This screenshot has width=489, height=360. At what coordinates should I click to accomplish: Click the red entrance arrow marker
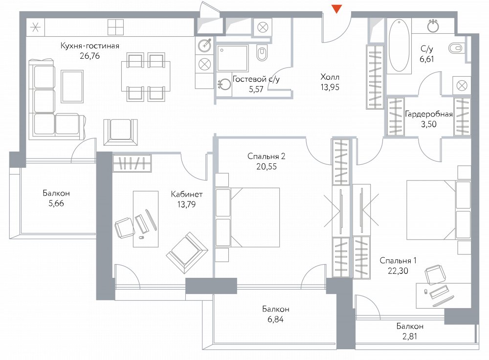(336, 9)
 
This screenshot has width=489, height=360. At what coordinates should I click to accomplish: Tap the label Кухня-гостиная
(90, 46)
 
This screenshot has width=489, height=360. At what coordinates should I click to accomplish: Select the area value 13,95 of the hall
(330, 88)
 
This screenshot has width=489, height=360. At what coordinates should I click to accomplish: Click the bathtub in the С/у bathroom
(399, 45)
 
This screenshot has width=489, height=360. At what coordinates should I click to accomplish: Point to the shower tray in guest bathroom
(233, 58)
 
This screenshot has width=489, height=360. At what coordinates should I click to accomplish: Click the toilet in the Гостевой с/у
(262, 53)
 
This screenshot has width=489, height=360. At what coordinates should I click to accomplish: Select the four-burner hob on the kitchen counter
(116, 27)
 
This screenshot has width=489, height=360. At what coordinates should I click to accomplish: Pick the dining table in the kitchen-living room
(146, 76)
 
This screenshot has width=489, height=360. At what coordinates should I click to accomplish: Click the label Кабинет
(187, 194)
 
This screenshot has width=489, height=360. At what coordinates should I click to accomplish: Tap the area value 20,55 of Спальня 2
(267, 167)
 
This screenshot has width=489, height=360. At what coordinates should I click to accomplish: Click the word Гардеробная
(428, 114)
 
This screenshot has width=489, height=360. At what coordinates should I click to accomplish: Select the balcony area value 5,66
(56, 203)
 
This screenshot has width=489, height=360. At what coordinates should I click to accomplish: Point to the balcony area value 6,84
(275, 319)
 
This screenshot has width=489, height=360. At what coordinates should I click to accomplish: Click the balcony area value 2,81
(409, 337)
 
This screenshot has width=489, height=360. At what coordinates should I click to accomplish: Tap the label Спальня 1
(398, 261)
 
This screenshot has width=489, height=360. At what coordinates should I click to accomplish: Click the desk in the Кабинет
(146, 219)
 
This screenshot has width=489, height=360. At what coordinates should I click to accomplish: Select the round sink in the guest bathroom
(224, 84)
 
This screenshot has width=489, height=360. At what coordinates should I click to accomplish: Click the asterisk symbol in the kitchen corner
(35, 27)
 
